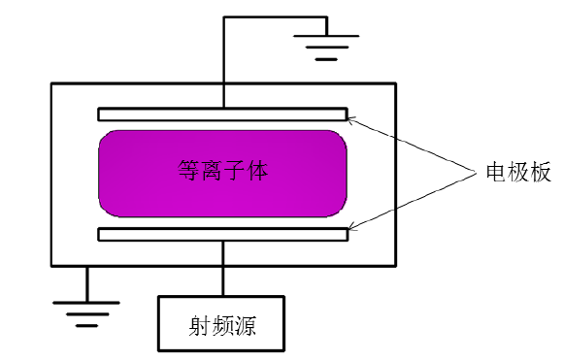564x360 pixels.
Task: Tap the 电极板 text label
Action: pyautogui.click(x=518, y=173)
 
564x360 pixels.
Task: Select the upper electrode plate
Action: pyautogui.click(x=222, y=114)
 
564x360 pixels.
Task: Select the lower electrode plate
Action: pyautogui.click(x=222, y=234)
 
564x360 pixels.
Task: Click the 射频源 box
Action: pyautogui.click(x=222, y=321)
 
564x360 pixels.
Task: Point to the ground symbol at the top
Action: pyautogui.click(x=327, y=45)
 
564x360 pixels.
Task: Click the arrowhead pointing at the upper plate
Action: pyautogui.click(x=350, y=119)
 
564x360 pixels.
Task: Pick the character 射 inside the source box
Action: pyautogui.click(x=200, y=321)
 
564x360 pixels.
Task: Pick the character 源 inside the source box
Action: pyautogui.click(x=247, y=321)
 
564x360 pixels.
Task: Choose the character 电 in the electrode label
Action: pyautogui.click(x=495, y=173)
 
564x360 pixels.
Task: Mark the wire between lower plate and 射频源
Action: pyautogui.click(x=224, y=267)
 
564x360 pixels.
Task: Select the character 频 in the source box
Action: pyautogui.click(x=223, y=321)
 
